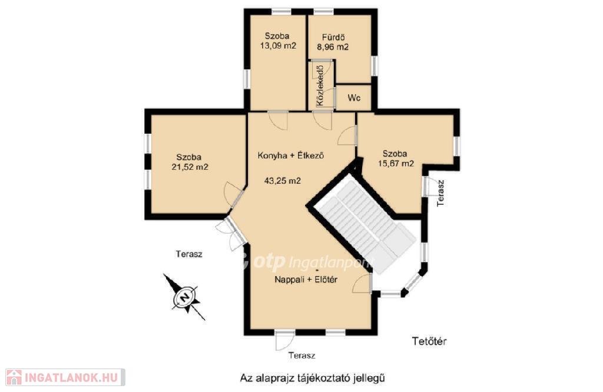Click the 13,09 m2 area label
(278, 46)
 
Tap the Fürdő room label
(333, 37)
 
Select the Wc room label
(354, 98)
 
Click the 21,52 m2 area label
(190, 167)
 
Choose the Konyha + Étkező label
(290, 155)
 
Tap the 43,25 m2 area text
(282, 181)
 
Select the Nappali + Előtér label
(306, 280)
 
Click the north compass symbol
(185, 297)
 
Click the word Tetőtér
(429, 341)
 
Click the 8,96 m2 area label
(333, 47)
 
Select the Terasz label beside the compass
(189, 254)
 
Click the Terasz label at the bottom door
(302, 356)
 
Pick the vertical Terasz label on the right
(440, 193)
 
